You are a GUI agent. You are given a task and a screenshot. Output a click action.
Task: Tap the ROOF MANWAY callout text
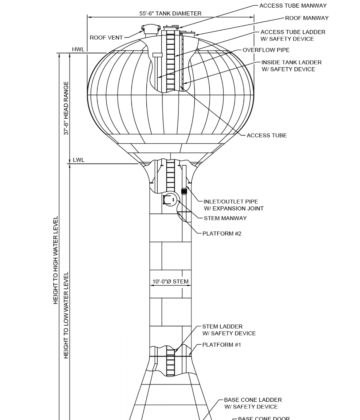(308, 18)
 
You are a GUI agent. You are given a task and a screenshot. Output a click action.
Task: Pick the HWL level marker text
(77, 48)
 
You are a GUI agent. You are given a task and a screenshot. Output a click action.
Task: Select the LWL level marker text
(77, 160)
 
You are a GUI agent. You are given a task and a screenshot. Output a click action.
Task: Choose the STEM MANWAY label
(225, 218)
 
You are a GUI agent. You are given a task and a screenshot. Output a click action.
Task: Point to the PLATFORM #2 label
(222, 233)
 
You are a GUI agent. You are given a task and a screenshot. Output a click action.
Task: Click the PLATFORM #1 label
(222, 344)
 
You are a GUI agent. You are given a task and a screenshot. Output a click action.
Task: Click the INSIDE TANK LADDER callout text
(291, 66)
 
